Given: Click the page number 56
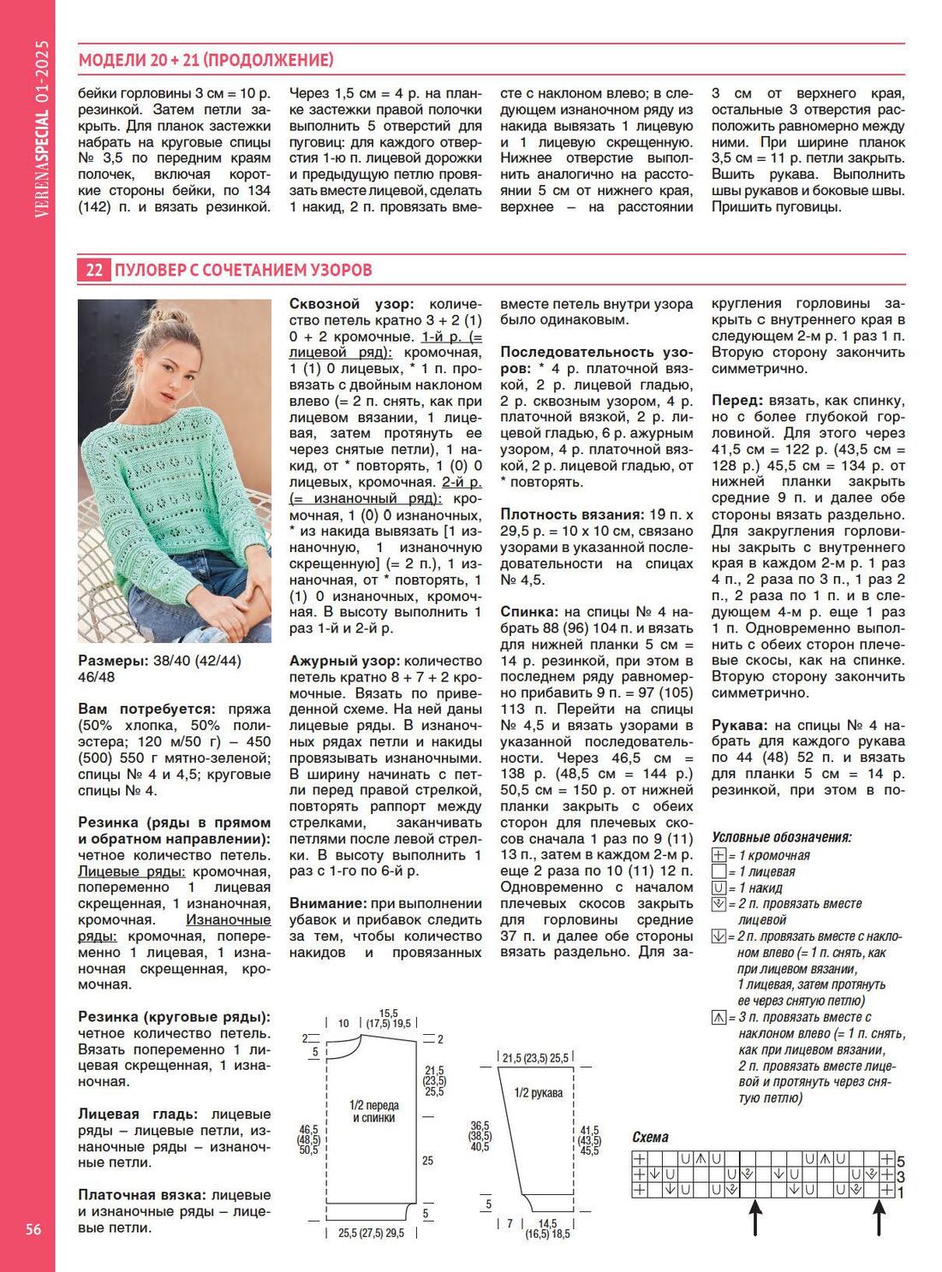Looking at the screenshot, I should pos(33,1230).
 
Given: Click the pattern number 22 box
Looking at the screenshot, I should pos(93,270).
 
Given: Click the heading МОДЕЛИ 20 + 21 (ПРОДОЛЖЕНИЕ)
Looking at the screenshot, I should pos(206,60).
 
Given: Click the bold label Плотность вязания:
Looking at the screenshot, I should pos(572,514).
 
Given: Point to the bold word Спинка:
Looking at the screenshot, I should pos(528,612).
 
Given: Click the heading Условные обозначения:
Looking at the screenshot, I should pos(781,837).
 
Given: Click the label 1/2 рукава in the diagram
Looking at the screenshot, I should pos(538,1093).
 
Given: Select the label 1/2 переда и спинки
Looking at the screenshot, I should pos(374,1111).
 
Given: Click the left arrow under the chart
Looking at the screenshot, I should pos(754,1216).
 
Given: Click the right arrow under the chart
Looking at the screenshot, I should pos(879,1216).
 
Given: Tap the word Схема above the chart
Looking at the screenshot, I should pos(650,1137).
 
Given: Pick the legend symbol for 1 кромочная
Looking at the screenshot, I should pos(718,855).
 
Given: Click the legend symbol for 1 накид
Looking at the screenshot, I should pos(718,888).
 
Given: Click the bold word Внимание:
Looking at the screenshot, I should pos(326,903).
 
